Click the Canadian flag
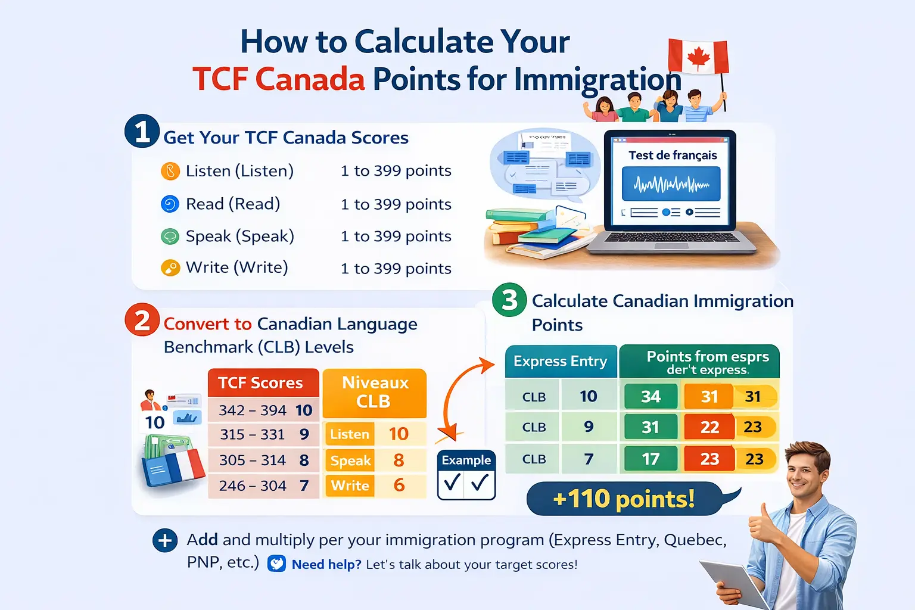pos(698,57)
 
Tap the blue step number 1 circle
pos(142,131)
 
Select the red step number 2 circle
pos(142,320)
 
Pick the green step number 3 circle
pos(509,300)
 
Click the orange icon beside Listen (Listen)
pos(170,172)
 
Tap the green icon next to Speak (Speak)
pos(170,236)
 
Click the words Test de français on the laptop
pos(673,155)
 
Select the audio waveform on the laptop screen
pos(671,184)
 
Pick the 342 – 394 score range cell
pos(253,410)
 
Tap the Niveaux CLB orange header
pos(374,392)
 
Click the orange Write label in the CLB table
pos(350,486)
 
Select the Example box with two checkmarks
pos(466,475)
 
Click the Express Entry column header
pos(561,362)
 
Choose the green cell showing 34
pos(651,397)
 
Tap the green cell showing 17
pos(651,459)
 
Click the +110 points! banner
pos(624,499)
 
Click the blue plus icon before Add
pos(165,541)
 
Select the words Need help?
pos(326,565)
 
